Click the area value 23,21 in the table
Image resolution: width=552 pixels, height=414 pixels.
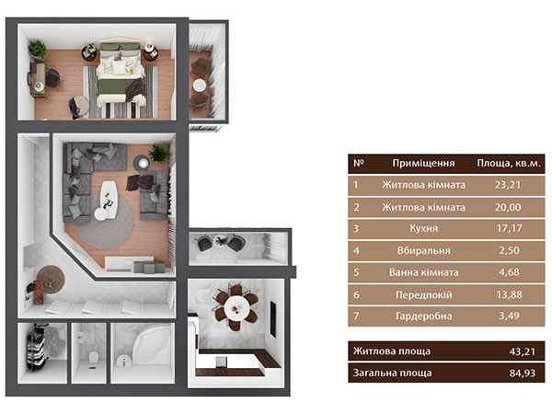507,185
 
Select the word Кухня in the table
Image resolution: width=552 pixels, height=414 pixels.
423,229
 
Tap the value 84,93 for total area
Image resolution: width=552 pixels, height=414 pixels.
522,374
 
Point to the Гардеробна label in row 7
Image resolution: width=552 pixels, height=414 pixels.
423,316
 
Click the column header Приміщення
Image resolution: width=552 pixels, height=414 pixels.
423,164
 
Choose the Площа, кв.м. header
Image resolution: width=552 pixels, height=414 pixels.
509,164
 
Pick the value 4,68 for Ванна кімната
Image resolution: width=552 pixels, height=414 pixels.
509,272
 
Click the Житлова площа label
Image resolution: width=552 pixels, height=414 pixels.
392,351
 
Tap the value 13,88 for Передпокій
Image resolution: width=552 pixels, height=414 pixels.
509,294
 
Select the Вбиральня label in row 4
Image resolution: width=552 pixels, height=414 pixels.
423,250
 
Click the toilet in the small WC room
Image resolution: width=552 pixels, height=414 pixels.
93,358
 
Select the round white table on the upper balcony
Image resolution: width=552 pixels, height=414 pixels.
200,86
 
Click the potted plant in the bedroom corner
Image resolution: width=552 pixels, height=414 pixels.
38,50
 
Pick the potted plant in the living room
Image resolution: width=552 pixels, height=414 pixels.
159,153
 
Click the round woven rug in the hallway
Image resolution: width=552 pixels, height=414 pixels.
51,279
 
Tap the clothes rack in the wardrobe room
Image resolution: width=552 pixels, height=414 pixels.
37,348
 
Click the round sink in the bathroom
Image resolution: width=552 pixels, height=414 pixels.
123,361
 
